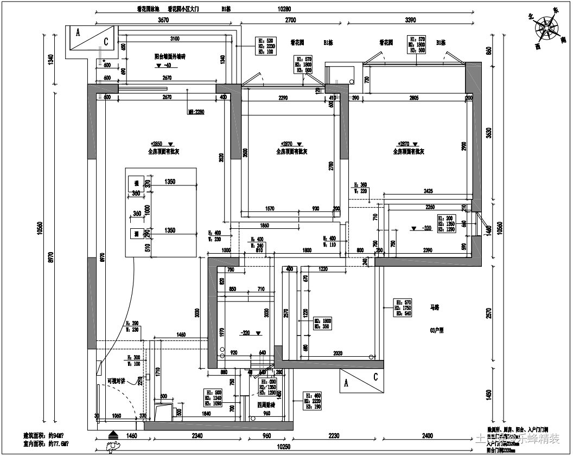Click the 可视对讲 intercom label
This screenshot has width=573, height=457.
pos(116,381)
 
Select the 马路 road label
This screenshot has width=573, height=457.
pos(435,308)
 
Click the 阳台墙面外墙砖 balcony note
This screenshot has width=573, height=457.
pos(170,56)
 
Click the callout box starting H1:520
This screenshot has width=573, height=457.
pos(266,46)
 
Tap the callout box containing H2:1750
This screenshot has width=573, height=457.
pos(403,307)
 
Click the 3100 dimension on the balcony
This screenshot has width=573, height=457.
pos(175,39)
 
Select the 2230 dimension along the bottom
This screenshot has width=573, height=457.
pos(334,435)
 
